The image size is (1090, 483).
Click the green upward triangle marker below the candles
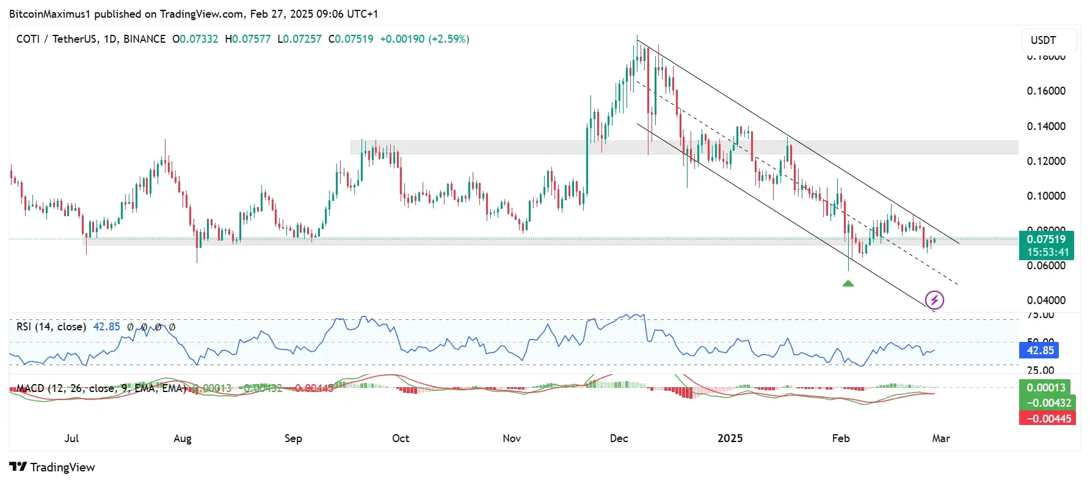tap(848, 283)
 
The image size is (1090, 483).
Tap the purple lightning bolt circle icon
tap(934, 300)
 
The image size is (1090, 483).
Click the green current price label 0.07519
tap(1046, 239)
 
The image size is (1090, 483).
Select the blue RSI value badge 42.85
tap(1040, 350)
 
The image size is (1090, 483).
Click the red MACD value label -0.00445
tap(1048, 418)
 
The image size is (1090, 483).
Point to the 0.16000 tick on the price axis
tap(1046, 91)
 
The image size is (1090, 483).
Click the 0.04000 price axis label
tap(1046, 300)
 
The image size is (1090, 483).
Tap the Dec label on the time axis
tap(619, 438)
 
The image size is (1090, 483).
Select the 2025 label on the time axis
tap(730, 438)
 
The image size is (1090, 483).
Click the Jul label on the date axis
tap(71, 438)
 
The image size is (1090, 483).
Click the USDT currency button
tap(1043, 40)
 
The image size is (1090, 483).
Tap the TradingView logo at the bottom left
tap(53, 467)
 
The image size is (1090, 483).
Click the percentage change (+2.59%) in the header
tap(448, 39)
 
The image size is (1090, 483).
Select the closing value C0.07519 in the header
tap(351, 39)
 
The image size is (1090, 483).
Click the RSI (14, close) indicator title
tap(51, 327)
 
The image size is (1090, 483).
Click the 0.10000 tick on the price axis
tap(1046, 196)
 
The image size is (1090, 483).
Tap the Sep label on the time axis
tap(293, 438)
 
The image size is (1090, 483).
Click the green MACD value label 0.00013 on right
tap(1045, 388)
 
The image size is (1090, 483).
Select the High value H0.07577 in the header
tap(247, 39)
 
